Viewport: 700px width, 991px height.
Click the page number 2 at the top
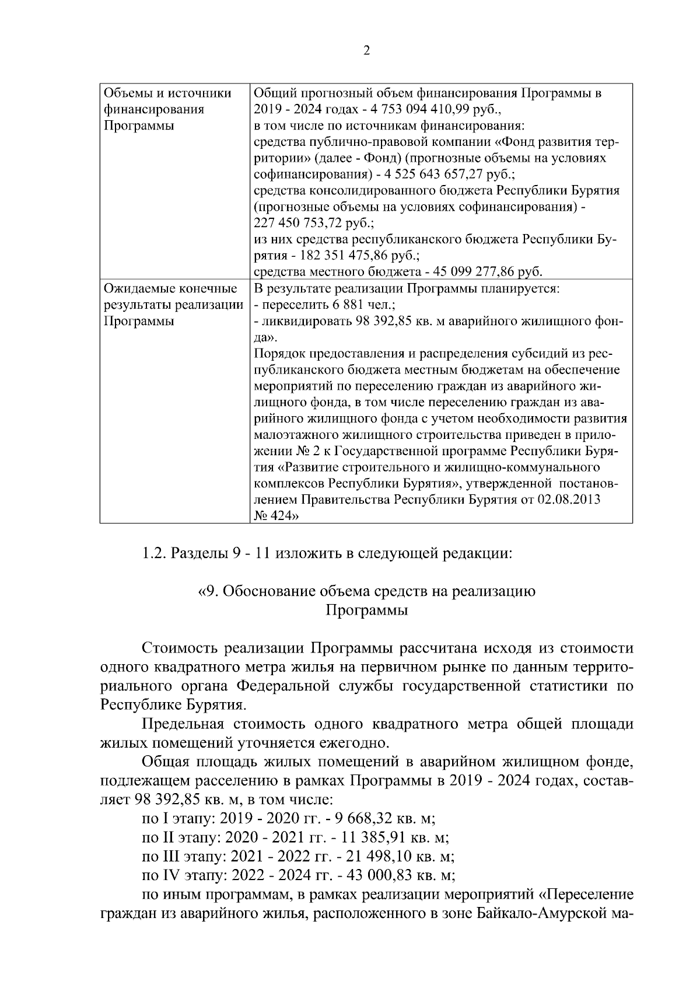366,51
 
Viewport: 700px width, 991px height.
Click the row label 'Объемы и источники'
167,93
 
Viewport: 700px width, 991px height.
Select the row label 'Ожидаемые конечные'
170,288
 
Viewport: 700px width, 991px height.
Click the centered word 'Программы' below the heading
366,610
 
